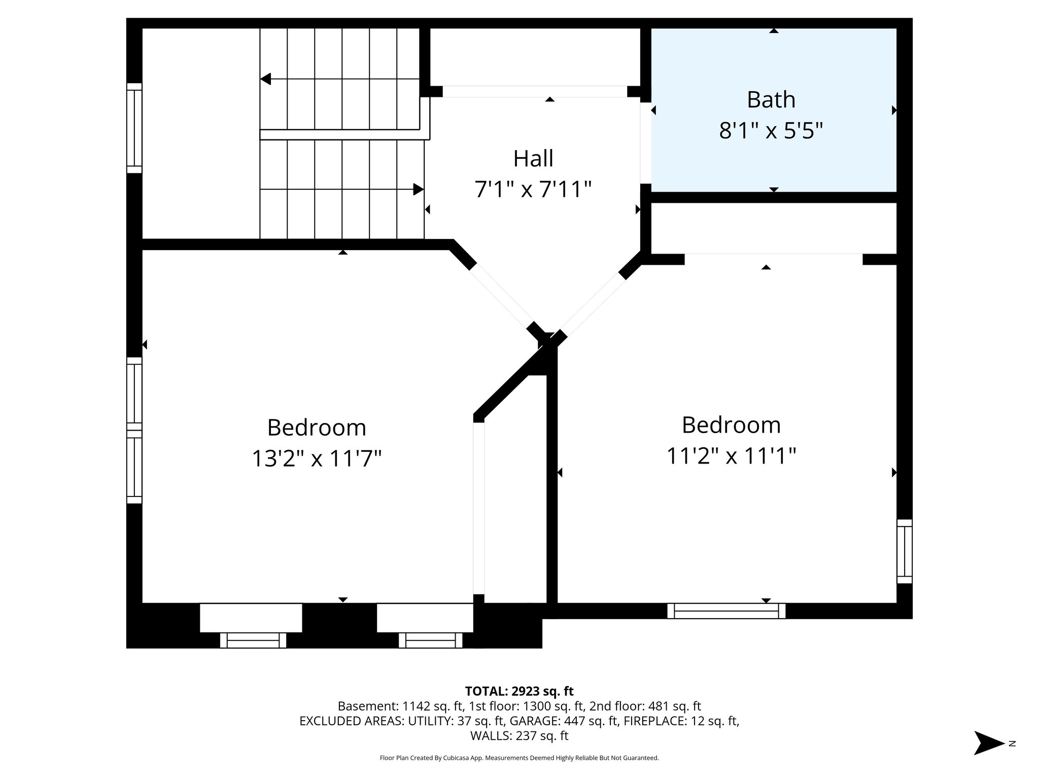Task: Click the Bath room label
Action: click(771, 99)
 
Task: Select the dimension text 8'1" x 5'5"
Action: click(771, 131)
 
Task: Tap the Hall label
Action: click(533, 158)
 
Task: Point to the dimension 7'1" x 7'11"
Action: click(533, 190)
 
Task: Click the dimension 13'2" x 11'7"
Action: click(317, 459)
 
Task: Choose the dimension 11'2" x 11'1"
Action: click(731, 456)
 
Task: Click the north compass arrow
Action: click(988, 743)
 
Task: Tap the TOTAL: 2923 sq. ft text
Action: click(519, 691)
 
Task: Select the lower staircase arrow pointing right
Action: click(418, 189)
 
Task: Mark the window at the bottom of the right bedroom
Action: click(726, 611)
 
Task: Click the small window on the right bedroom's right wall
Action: click(904, 551)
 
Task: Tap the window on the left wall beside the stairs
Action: click(134, 128)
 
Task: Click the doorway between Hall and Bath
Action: click(645, 143)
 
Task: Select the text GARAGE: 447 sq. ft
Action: click(564, 721)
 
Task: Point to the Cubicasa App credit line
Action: click(519, 758)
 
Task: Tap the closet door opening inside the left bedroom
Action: click(479, 507)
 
